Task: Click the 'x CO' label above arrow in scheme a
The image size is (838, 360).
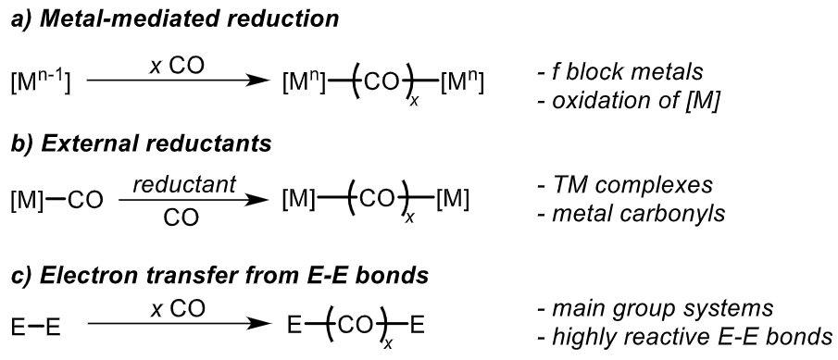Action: [x=176, y=65]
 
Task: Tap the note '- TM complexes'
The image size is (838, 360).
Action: [x=622, y=186]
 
